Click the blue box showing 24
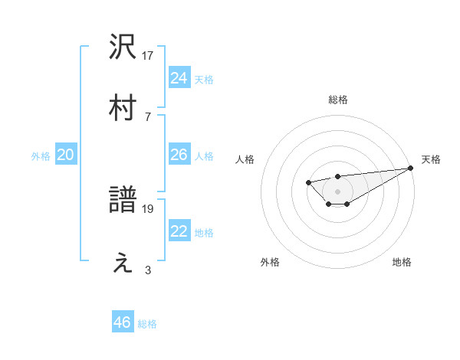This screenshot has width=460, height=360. [x=179, y=77]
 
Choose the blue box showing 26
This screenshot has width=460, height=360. [x=179, y=155]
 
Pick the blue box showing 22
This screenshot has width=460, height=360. [x=179, y=232]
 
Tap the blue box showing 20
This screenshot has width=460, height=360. [x=65, y=155]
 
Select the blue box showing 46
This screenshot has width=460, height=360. [x=123, y=322]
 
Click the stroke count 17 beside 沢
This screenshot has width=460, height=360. [x=148, y=55]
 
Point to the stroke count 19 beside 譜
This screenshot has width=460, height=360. [x=148, y=208]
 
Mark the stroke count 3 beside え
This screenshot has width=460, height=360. [x=148, y=270]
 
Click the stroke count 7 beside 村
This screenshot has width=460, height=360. [x=148, y=116]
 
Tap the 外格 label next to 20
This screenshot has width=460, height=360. [x=41, y=156]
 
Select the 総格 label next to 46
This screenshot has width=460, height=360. [x=147, y=324]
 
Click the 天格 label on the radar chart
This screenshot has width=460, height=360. [x=431, y=159]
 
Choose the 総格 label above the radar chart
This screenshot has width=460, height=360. [x=337, y=100]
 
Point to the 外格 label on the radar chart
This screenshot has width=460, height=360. [x=270, y=262]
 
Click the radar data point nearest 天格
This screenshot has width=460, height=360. [x=411, y=168]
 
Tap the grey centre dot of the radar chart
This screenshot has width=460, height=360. [x=337, y=191]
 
